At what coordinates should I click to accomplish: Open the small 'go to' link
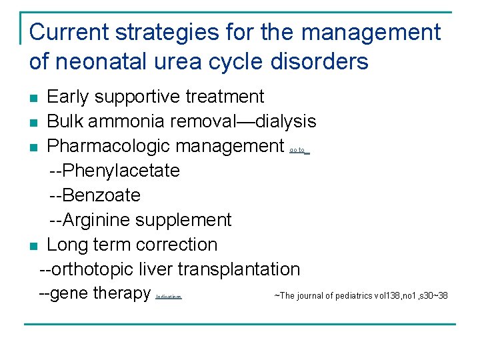click(298, 151)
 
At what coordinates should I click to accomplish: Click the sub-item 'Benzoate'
click(101, 195)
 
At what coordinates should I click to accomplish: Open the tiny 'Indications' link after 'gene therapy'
click(168, 297)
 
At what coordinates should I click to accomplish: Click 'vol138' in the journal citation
click(387, 296)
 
